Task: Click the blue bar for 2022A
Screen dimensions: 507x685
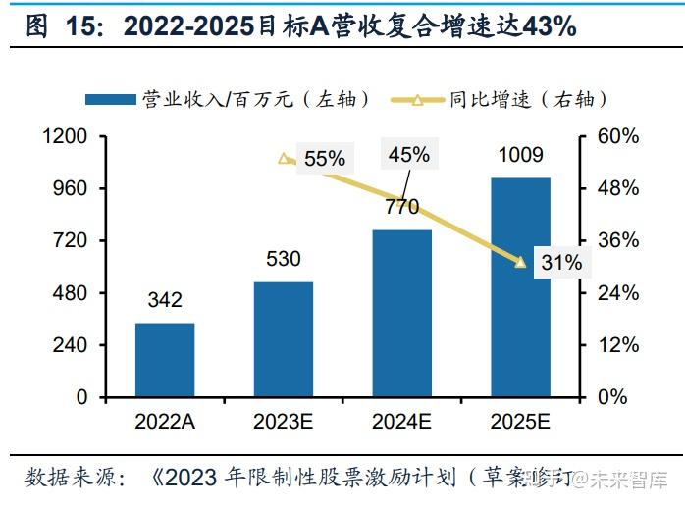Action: point(165,360)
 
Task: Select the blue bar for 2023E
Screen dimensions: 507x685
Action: point(284,339)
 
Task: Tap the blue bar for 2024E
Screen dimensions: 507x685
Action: point(402,314)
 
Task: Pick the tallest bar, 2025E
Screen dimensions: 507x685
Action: point(520,287)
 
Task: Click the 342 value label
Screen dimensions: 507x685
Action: point(165,300)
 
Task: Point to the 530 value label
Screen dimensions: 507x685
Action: point(284,259)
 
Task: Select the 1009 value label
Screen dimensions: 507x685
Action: point(520,155)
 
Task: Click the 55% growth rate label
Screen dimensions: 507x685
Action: point(325,158)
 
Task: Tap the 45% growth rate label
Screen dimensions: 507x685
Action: point(408,154)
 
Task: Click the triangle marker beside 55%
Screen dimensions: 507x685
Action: point(285,158)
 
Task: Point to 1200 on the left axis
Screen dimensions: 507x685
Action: point(67,136)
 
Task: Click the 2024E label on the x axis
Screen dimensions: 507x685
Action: point(402,422)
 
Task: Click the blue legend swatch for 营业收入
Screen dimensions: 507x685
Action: point(110,98)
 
